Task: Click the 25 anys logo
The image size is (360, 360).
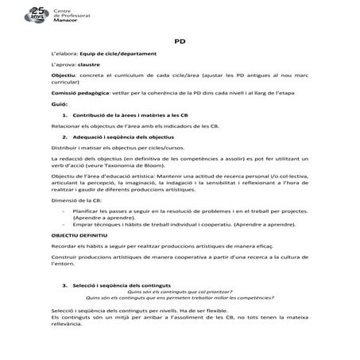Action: (36, 14)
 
